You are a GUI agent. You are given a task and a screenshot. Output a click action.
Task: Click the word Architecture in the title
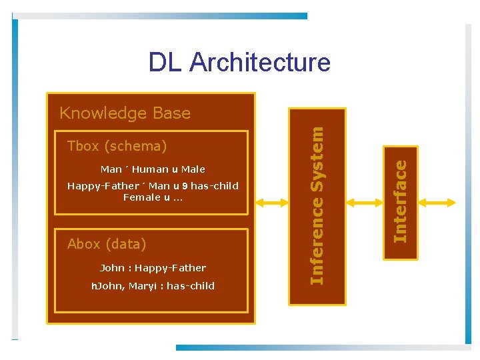(260, 62)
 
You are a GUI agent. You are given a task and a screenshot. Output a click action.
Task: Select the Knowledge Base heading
(125, 113)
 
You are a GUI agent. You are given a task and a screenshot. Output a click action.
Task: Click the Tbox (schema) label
(117, 146)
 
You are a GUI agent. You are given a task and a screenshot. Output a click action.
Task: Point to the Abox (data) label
(107, 244)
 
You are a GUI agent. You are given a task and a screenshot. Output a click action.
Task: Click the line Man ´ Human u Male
(153, 169)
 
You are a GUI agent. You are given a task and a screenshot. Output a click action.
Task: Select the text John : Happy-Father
(153, 268)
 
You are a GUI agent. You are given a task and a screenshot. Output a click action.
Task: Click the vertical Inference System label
(317, 206)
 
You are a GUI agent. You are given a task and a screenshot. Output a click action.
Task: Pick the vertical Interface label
(399, 203)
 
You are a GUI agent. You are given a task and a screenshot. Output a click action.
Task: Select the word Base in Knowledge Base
(172, 113)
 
